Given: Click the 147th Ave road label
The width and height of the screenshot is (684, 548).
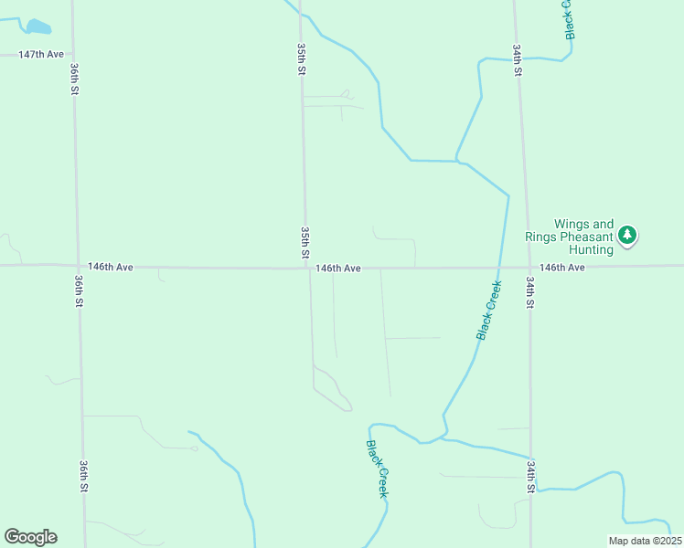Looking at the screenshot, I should click(x=41, y=55).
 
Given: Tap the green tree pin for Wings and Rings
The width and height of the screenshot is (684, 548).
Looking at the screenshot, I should click(x=627, y=236).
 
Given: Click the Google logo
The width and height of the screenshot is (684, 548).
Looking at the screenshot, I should click(x=30, y=537).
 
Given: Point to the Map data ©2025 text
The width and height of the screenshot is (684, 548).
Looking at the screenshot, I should click(x=646, y=541).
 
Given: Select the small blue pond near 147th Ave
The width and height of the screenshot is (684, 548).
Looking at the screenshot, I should click(x=38, y=26).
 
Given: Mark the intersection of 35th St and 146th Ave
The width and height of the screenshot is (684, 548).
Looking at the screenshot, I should click(x=306, y=268).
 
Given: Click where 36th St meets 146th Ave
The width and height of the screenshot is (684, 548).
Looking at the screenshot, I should click(x=78, y=266).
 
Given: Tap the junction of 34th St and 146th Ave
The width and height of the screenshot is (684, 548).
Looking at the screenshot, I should click(x=529, y=267).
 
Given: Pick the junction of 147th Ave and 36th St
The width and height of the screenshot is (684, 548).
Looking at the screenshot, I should click(x=73, y=55).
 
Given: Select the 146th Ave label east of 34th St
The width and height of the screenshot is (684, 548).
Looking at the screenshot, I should click(x=561, y=268).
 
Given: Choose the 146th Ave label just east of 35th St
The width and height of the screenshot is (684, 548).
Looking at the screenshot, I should click(x=338, y=269).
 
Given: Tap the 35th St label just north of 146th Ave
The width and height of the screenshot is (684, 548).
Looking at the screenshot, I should click(x=305, y=242).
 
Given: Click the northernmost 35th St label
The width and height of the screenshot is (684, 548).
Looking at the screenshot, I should click(x=301, y=57).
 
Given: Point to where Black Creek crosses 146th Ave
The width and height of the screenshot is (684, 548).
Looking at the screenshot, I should click(x=502, y=267).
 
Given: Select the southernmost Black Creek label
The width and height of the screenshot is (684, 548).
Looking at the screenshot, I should click(x=378, y=469).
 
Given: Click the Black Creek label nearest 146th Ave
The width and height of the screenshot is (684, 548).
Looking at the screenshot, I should click(x=489, y=311).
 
